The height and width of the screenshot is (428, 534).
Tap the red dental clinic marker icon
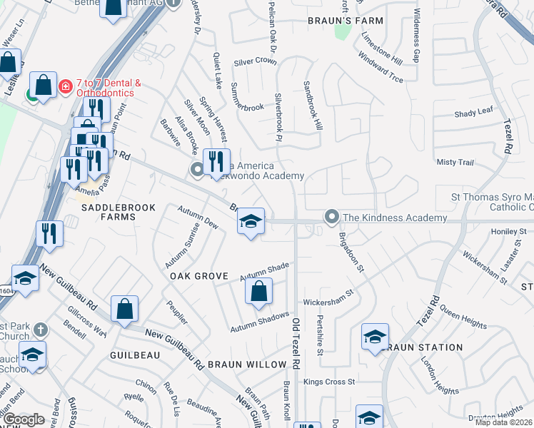coord(66,86)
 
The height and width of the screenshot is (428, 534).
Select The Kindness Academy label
coord(395,218)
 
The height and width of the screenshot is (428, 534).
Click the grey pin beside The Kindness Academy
coord(331,215)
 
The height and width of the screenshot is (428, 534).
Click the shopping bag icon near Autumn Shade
coord(258,292)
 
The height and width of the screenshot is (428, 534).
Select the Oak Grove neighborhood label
coord(198,276)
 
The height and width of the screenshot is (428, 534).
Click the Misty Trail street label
coord(455,163)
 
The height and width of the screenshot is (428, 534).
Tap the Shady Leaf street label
coord(474,113)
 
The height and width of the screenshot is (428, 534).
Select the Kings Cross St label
coord(329,382)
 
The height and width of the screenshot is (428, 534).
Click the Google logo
coord(24,419)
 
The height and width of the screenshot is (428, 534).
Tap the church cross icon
coord(41,330)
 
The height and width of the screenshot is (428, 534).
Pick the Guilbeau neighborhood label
coord(133,355)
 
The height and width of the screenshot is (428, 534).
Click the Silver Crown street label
coord(255,61)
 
